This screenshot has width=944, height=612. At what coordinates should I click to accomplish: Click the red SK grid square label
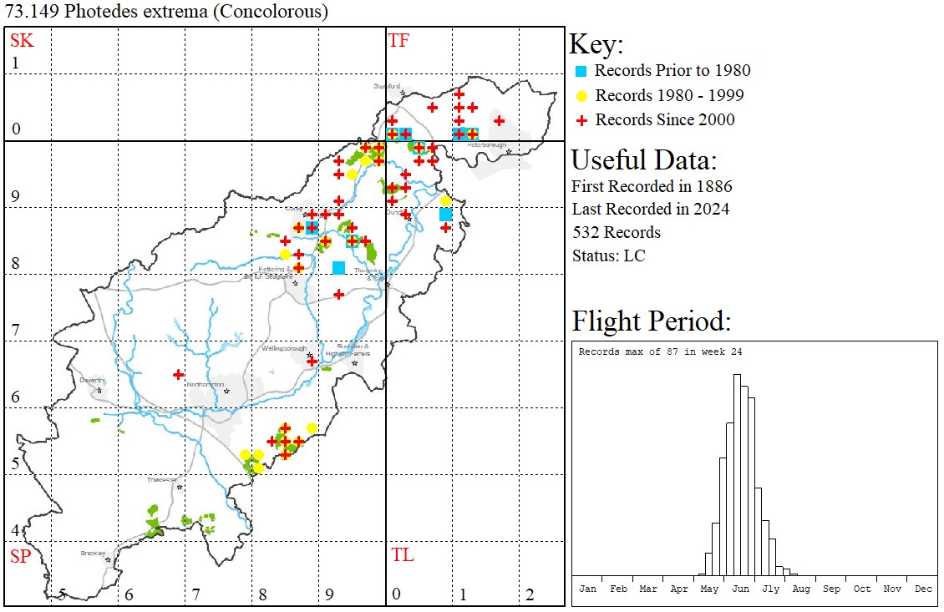(x=22, y=40)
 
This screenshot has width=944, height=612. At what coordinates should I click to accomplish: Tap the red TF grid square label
(x=398, y=40)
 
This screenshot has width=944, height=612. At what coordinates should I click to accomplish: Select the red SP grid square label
(x=20, y=556)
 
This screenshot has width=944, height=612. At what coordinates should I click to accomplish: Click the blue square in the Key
(x=582, y=71)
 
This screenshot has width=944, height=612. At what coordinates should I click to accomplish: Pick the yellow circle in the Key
(x=582, y=95)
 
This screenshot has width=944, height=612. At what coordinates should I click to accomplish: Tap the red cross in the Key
(x=582, y=120)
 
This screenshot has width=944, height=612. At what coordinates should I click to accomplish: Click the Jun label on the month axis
(x=740, y=589)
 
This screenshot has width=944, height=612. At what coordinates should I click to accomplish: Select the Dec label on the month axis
(x=923, y=589)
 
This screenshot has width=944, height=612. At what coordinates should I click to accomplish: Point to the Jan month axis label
(x=588, y=589)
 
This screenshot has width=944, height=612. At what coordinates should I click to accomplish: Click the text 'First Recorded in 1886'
(x=652, y=185)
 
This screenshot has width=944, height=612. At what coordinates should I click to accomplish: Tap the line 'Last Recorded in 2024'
(x=650, y=209)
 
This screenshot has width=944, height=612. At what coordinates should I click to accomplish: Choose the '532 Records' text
(x=616, y=232)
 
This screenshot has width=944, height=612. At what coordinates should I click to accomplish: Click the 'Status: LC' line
(x=608, y=255)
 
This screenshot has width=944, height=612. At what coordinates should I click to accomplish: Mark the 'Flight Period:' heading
(x=651, y=321)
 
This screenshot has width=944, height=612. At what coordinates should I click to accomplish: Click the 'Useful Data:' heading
(x=643, y=159)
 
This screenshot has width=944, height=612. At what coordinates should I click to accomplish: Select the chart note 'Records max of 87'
(x=660, y=352)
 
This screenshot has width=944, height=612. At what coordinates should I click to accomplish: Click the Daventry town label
(x=92, y=380)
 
